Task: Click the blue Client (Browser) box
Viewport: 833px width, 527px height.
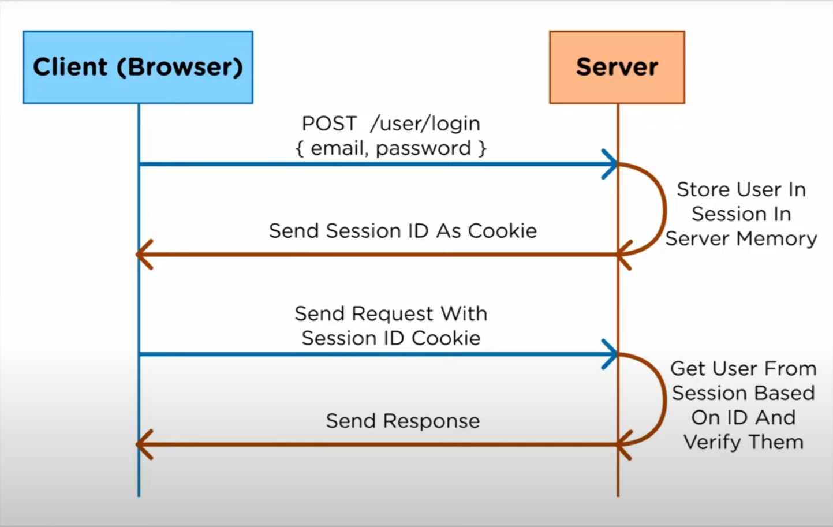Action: pyautogui.click(x=137, y=68)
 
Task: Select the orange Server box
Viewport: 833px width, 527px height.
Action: pyautogui.click(x=617, y=68)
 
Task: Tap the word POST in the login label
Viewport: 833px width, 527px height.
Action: pyautogui.click(x=329, y=124)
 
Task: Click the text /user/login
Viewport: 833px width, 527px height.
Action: pyautogui.click(x=425, y=124)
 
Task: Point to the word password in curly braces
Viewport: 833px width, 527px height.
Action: pyautogui.click(x=423, y=148)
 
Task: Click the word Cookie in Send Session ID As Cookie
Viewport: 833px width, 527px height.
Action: pyautogui.click(x=502, y=231)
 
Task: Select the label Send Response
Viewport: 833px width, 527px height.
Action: pyautogui.click(x=402, y=421)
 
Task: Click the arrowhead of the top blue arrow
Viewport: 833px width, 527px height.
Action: pyautogui.click(x=611, y=164)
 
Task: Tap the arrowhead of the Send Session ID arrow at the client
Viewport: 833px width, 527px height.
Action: pyautogui.click(x=144, y=255)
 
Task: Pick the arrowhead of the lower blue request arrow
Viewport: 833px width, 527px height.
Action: pyautogui.click(x=611, y=354)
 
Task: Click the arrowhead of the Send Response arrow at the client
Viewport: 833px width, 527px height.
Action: pyautogui.click(x=144, y=444)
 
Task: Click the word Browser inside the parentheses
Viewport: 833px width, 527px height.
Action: pyautogui.click(x=179, y=68)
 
